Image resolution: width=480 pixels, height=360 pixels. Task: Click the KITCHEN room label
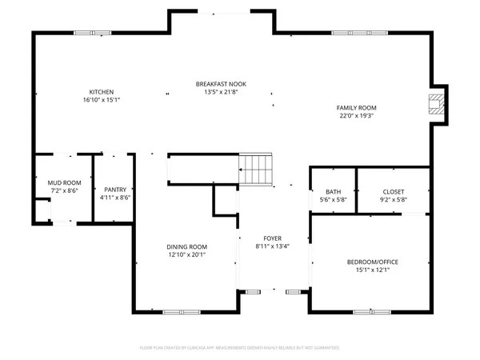tap(100, 92)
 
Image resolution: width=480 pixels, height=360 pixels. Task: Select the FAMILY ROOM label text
tap(357, 107)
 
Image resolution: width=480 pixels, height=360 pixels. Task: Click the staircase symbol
tap(256, 169)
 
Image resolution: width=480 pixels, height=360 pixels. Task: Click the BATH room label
tap(332, 191)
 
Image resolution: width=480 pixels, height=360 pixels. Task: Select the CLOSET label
tap(393, 191)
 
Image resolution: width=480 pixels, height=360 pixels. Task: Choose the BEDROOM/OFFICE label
tap(372, 262)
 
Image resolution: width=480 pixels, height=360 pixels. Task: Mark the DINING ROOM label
tap(187, 246)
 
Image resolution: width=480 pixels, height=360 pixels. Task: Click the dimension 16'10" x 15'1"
tap(100, 100)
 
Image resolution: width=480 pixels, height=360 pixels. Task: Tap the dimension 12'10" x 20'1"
tap(187, 254)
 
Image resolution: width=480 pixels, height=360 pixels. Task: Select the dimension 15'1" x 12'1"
tap(372, 270)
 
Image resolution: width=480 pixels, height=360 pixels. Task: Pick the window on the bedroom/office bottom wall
tap(370, 311)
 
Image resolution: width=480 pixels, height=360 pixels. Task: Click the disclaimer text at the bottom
tap(240, 349)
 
